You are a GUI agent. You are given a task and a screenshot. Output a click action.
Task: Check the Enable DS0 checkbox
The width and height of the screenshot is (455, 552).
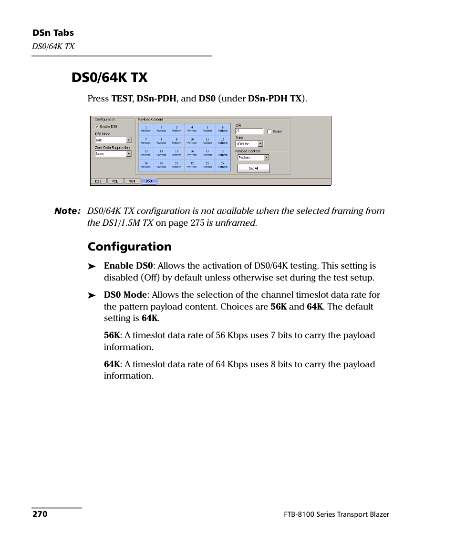click(97, 127)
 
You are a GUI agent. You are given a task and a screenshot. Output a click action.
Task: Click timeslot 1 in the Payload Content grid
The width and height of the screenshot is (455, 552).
click(146, 129)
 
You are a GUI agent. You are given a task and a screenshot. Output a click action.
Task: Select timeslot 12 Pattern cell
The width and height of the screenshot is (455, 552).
click(223, 141)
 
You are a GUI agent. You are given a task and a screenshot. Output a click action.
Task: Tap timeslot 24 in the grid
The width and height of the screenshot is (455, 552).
click(223, 165)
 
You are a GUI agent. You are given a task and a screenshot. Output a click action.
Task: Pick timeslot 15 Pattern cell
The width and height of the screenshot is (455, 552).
click(176, 153)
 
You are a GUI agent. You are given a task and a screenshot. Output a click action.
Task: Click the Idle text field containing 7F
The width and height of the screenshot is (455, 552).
click(248, 131)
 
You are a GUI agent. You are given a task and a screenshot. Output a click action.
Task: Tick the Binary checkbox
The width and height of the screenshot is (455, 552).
click(269, 131)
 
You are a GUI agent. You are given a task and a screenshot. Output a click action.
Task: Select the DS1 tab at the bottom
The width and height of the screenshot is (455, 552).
click(98, 181)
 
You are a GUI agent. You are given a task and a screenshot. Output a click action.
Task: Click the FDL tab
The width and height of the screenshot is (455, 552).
click(115, 181)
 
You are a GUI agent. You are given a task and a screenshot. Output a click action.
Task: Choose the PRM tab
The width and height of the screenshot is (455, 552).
click(132, 181)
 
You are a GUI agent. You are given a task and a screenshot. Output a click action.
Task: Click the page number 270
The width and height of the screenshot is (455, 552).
click(40, 514)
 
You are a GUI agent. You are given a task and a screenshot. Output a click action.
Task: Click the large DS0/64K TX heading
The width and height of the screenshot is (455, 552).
click(110, 77)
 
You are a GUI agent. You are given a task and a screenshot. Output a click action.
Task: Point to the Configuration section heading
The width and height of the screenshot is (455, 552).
click(129, 246)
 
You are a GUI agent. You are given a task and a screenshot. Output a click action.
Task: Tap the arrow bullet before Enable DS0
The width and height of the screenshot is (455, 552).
click(92, 266)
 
